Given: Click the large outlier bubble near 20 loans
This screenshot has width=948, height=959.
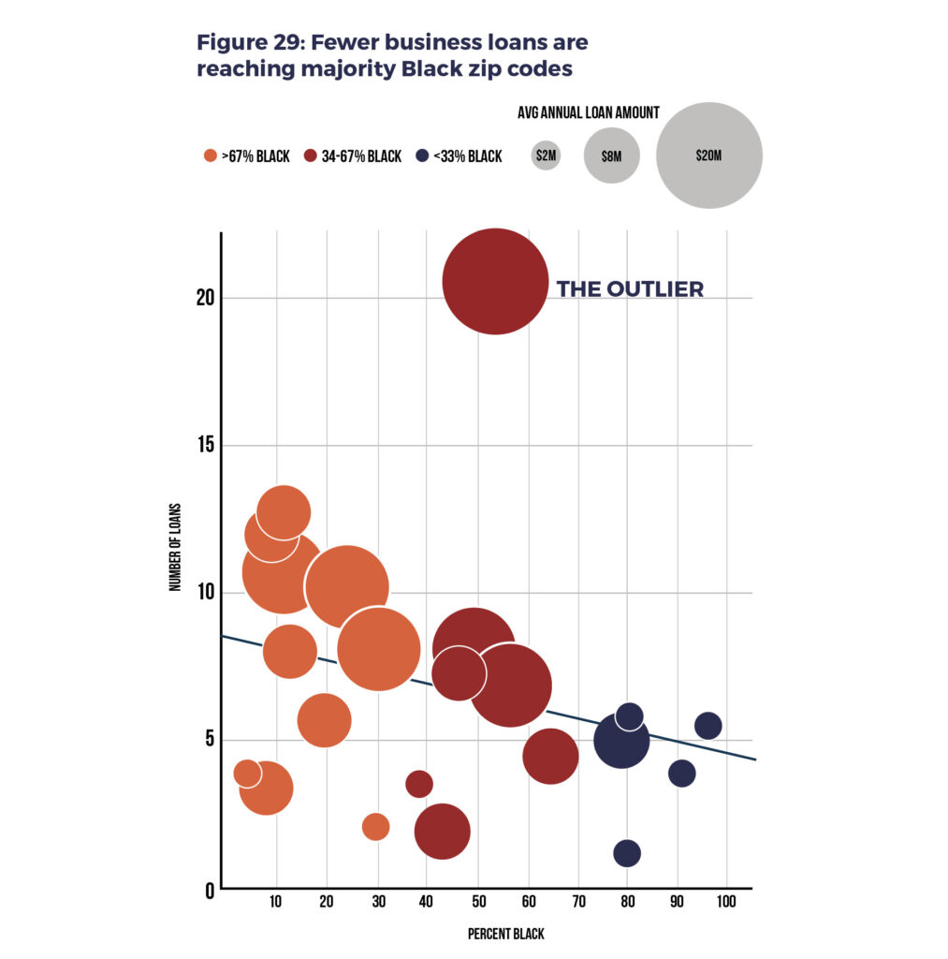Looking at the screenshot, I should (495, 281).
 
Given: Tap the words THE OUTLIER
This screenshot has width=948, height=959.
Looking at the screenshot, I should (630, 289).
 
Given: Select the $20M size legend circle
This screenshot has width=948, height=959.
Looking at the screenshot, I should (709, 155).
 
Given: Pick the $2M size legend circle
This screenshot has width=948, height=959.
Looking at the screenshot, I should (546, 155).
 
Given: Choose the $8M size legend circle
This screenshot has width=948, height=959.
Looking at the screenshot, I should (611, 155).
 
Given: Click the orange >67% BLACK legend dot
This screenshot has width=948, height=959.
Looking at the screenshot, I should (211, 156).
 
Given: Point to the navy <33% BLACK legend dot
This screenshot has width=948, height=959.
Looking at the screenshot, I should (422, 156).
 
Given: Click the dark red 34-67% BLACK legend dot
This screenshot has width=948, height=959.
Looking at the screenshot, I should (311, 156).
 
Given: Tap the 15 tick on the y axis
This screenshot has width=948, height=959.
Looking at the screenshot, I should (204, 445).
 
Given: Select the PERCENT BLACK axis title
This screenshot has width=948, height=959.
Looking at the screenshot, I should (505, 934).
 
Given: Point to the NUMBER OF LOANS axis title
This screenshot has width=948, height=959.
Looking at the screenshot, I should (175, 548).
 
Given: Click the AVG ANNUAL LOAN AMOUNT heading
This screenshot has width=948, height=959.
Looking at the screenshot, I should (589, 112).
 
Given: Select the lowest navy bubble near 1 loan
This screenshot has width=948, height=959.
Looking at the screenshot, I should (627, 853).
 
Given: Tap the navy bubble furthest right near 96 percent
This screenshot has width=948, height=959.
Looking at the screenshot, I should (708, 726).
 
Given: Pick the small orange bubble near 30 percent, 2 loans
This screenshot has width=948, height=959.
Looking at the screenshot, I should (375, 827).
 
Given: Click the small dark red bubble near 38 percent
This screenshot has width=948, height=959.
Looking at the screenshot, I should (419, 784).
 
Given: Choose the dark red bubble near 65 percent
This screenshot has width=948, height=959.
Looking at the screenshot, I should (550, 756).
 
